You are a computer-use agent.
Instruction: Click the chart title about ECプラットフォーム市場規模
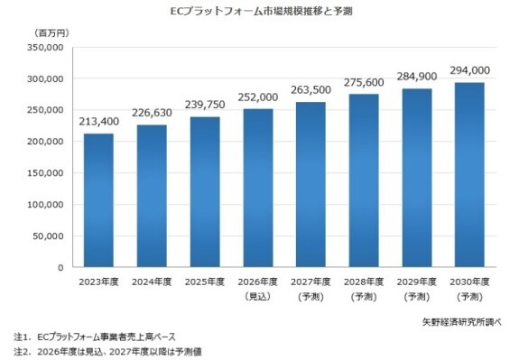[261, 11]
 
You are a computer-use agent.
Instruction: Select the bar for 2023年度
[98, 200]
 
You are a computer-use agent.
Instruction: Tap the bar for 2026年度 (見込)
[258, 188]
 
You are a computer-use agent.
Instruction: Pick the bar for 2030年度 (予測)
[469, 175]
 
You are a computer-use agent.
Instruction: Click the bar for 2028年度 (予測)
[364, 180]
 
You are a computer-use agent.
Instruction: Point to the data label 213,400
[98, 122]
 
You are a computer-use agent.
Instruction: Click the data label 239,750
[205, 105]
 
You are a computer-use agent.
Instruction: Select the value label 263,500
[310, 90]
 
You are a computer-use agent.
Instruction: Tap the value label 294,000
[469, 70]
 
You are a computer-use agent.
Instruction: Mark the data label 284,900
[417, 77]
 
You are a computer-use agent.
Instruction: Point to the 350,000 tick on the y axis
[45, 47]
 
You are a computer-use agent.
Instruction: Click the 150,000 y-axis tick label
[45, 173]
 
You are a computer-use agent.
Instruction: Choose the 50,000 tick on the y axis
[48, 236]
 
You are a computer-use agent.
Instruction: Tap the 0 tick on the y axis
[60, 268]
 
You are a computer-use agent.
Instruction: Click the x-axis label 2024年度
[152, 282]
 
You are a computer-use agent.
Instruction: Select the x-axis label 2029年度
[417, 282]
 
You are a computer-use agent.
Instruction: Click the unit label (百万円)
[51, 33]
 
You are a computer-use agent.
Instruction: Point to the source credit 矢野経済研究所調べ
[462, 322]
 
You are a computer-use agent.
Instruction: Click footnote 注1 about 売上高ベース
[95, 337]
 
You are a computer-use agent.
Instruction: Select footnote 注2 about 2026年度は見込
[108, 352]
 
